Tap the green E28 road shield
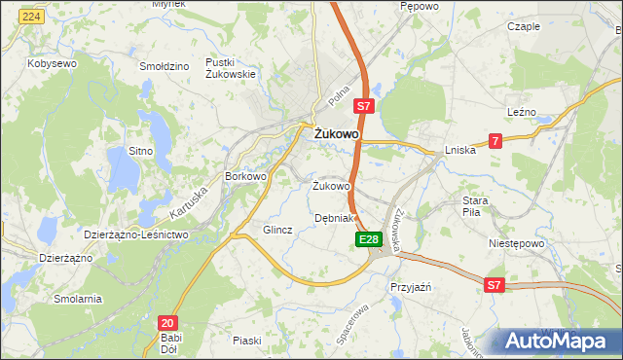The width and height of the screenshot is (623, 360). click(x=367, y=239)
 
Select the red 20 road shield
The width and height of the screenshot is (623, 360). click(x=167, y=323)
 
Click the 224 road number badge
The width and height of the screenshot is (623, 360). click(x=31, y=18)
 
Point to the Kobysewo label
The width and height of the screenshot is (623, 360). click(x=53, y=62)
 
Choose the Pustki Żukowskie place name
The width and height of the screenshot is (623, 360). click(x=230, y=68)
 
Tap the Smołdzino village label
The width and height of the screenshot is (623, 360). click(x=163, y=66)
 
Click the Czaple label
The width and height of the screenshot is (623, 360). click(x=524, y=26)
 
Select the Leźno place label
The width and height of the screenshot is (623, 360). click(x=524, y=112)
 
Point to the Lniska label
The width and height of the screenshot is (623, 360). click(x=459, y=150)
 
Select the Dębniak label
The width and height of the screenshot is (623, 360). click(x=336, y=218)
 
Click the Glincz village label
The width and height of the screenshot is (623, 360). click(x=277, y=230)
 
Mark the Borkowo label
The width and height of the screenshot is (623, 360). click(x=245, y=176)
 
